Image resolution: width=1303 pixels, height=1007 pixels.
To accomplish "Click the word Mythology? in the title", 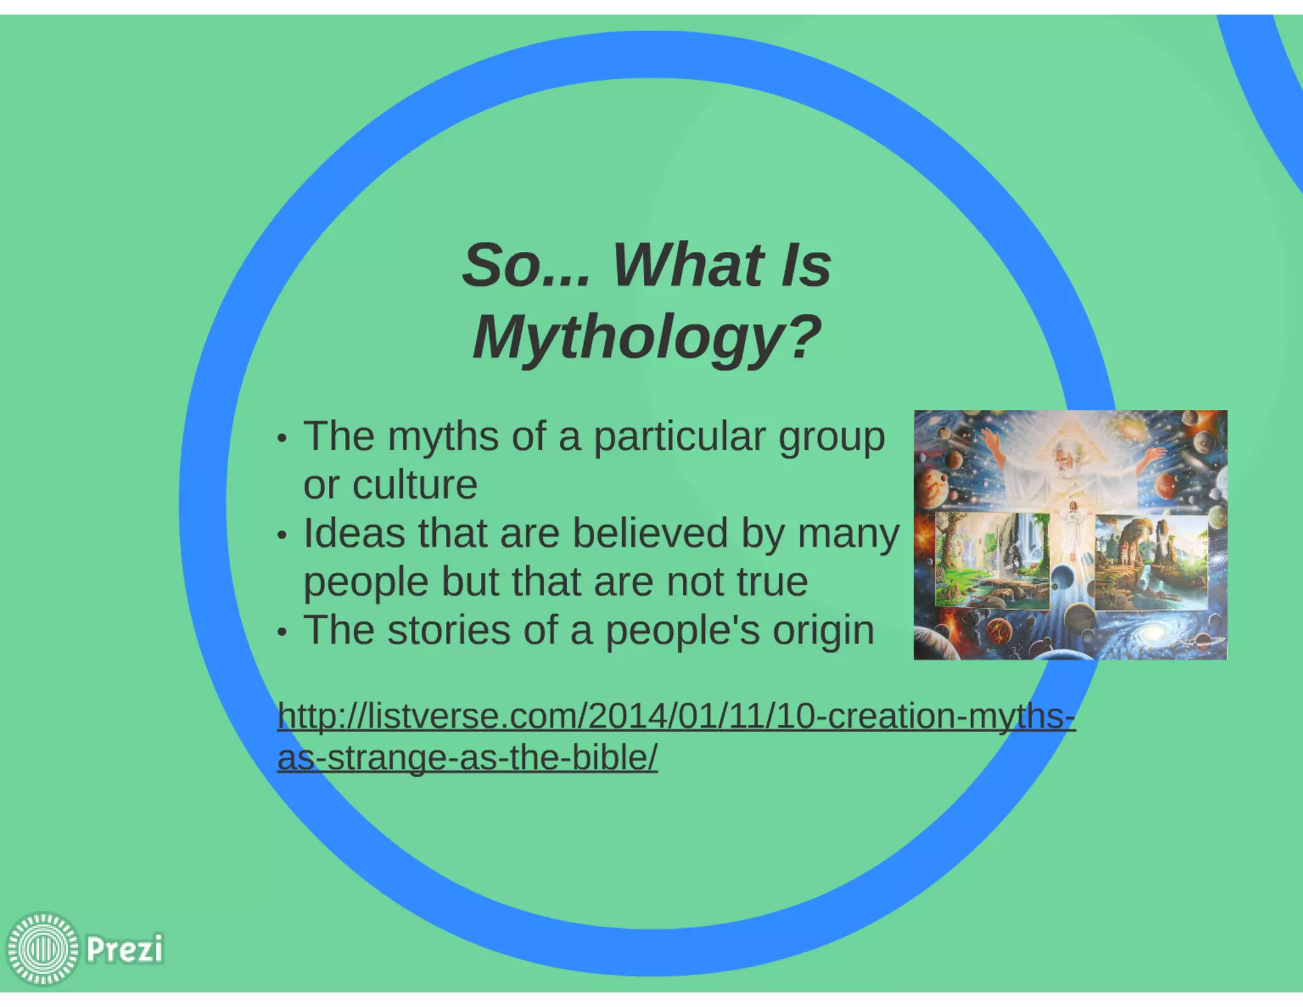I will click(x=647, y=337).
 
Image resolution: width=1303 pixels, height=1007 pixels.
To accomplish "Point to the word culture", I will click(x=414, y=485).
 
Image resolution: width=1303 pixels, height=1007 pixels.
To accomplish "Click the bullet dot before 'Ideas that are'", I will click(x=282, y=535).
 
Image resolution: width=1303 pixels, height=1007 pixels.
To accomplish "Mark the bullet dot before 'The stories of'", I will click(x=282, y=632).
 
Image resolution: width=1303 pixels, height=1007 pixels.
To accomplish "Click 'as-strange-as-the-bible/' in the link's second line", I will click(x=467, y=758).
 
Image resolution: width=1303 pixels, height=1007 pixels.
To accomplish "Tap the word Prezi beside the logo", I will click(x=124, y=949).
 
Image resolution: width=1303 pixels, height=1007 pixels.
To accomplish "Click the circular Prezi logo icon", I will click(x=43, y=949).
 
